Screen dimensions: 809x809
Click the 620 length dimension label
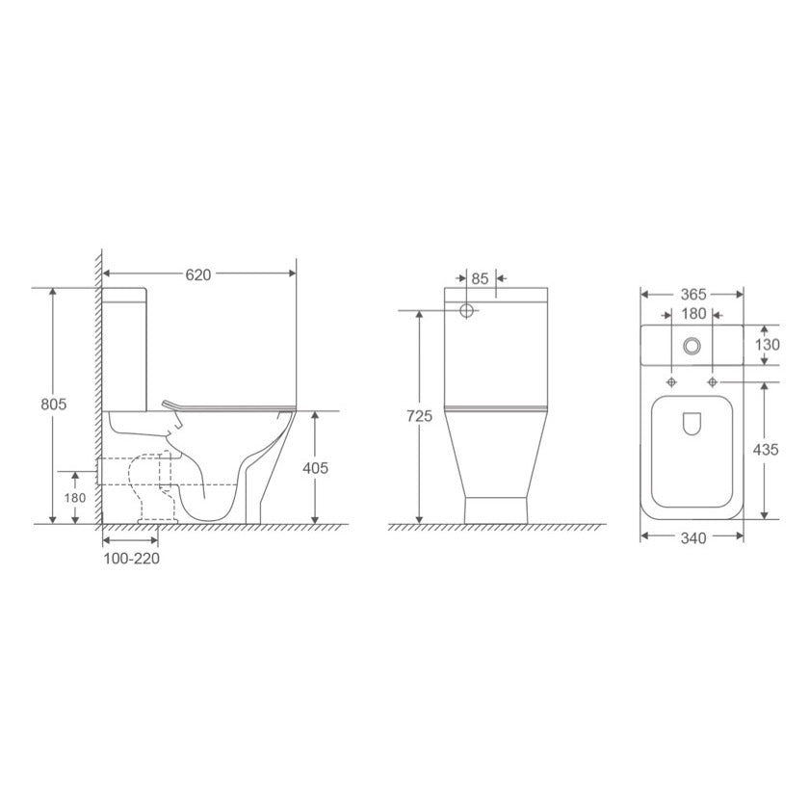coord(198,275)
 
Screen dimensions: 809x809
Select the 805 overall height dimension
coord(54,404)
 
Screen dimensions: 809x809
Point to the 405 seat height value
coord(315,468)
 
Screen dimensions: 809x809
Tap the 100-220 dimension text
coord(132,559)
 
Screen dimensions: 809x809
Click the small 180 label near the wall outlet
coord(75,498)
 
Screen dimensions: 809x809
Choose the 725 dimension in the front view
coord(419,415)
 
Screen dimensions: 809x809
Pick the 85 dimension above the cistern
coord(480,278)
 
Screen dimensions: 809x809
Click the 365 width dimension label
coord(692,294)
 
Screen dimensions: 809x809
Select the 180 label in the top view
coord(693,314)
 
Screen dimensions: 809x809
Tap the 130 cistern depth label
coord(768,345)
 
